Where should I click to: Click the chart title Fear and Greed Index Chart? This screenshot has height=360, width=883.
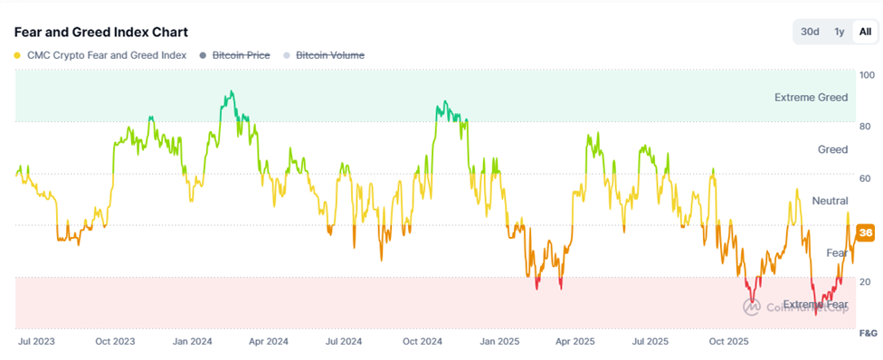click(101, 32)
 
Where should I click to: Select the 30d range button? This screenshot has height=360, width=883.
click(810, 32)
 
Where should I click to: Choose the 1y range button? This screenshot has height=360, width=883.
click(839, 32)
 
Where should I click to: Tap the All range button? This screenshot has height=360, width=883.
click(865, 32)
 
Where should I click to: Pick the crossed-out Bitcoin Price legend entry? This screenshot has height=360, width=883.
click(241, 55)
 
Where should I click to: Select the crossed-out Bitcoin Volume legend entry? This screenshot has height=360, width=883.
click(330, 55)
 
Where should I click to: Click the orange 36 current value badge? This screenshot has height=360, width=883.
click(865, 232)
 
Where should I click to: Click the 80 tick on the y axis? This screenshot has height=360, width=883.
click(865, 126)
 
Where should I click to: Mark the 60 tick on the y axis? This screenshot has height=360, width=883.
click(865, 178)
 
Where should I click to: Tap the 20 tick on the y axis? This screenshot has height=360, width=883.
click(865, 282)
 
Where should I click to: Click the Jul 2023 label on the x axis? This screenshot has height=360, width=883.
click(37, 342)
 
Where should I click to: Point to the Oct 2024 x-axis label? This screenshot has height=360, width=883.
click(422, 342)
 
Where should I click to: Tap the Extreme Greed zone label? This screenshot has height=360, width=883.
click(812, 97)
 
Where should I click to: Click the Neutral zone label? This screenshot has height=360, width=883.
click(830, 200)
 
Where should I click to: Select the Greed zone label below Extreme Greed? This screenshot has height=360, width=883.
click(832, 149)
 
